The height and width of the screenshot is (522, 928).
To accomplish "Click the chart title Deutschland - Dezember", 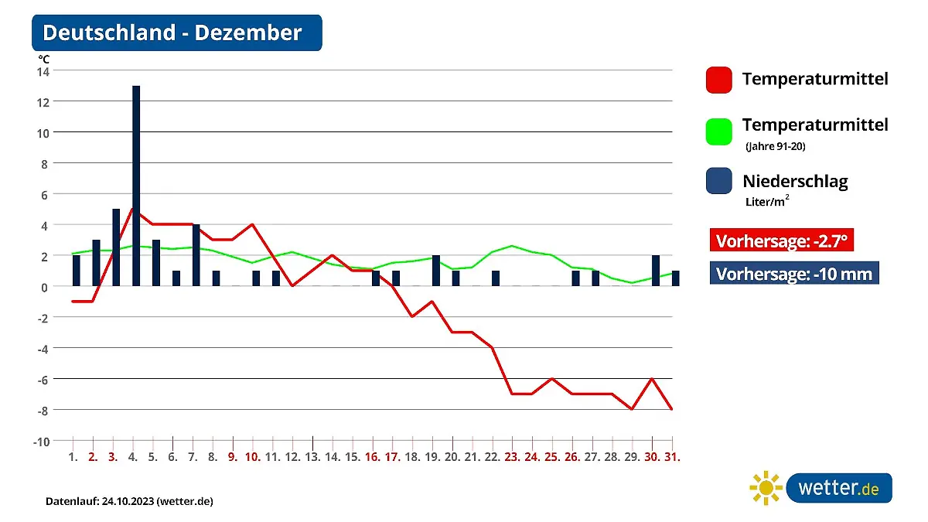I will point(172,33).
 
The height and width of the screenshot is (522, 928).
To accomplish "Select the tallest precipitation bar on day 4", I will point(136,186).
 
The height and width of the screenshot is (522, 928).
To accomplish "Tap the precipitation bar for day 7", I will point(196,255).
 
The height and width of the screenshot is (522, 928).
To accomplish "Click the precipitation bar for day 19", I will point(436,271).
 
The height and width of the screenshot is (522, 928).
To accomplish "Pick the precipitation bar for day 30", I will point(656,271).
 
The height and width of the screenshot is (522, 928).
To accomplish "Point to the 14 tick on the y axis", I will point(43,71).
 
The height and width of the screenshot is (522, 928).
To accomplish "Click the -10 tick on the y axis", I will point(41,441).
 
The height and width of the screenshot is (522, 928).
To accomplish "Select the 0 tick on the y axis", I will point(45,286).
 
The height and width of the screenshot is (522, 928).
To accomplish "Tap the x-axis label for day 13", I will point(312,457).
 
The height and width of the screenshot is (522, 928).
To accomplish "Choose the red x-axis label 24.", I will point(532,457).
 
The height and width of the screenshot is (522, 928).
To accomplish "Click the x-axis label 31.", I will point(673,457).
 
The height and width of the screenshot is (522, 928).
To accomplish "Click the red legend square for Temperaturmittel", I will point(718,80).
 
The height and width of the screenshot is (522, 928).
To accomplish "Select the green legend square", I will point(718,131).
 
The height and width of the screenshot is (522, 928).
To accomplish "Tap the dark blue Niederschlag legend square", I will point(718,182).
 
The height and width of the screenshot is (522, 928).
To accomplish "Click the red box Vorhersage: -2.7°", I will point(782,241).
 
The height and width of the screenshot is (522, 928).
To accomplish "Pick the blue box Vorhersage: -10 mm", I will point(794,274).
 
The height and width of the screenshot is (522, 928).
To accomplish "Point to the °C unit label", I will point(44,58).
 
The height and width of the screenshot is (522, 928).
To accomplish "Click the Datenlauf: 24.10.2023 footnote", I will point(129,501).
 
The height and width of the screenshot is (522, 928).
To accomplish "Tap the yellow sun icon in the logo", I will point(766,488).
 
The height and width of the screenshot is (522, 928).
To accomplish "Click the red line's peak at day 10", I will point(252,224).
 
